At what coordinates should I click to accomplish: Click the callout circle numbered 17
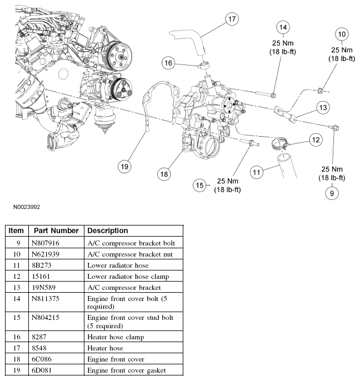232,19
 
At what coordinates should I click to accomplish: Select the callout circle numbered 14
283,27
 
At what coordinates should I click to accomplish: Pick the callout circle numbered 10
342,34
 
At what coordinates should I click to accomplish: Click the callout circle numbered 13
324,106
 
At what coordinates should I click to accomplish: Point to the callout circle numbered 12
315,140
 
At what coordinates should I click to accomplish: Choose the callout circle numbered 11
256,173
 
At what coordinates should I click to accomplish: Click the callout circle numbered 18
164,174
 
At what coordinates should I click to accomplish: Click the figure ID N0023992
27,207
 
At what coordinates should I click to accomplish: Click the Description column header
108,230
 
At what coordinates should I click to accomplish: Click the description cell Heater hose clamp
116,337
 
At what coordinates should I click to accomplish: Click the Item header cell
17,230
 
